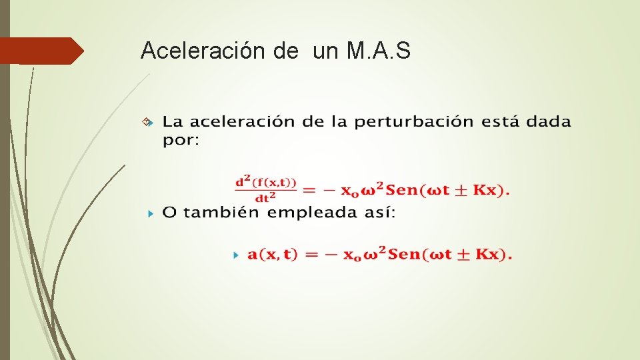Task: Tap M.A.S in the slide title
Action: click(379, 51)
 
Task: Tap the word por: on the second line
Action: click(181, 141)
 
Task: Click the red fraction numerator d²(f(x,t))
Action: click(265, 182)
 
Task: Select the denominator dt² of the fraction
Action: click(265, 197)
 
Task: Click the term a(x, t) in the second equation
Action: click(273, 255)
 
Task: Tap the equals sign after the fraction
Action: click(309, 191)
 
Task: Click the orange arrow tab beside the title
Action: click(41, 51)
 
